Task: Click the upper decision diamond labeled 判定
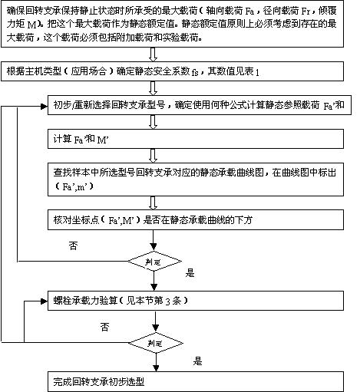pos(156,259)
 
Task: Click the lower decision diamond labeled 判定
pos(156,341)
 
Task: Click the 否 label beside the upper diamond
pos(74,246)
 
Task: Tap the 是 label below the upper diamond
pos(190,272)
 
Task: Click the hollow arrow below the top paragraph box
pos(156,54)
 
